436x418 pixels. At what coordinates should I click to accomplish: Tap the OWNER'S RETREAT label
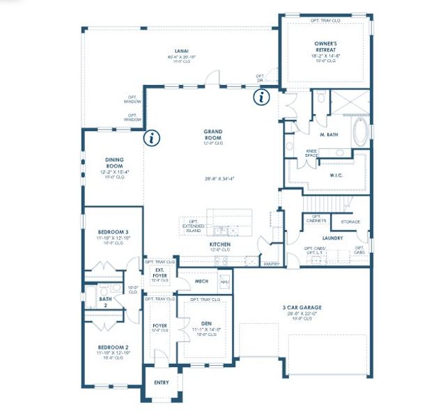click(325, 47)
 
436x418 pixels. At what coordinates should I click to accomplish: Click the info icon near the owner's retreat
click(262, 98)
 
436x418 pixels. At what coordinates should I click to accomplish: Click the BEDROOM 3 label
click(112, 231)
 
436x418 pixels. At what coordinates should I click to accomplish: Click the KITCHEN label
click(220, 245)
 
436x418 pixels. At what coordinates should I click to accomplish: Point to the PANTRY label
click(271, 264)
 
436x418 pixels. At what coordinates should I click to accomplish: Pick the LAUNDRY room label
click(332, 238)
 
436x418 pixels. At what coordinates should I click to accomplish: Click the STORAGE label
click(350, 222)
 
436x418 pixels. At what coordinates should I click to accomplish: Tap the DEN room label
click(206, 323)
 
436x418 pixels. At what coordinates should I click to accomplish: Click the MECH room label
click(202, 281)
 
